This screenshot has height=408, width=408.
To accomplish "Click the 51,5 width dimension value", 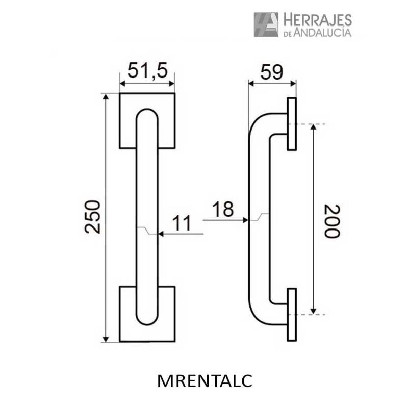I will coord(147,70).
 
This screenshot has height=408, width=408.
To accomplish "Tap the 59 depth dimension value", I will coord(271,72).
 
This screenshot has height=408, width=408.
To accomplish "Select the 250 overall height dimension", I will coord(93,217).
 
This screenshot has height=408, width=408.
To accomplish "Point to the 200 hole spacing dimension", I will coord(332,220).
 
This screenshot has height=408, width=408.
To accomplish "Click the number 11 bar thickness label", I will coord(181,223).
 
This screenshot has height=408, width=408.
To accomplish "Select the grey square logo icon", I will coord(266,24).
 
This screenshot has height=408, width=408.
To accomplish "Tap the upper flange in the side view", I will coord(292,124).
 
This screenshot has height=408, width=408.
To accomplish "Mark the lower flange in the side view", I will coord(292,315).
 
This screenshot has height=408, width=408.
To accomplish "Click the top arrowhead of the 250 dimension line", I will coord(106,97).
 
